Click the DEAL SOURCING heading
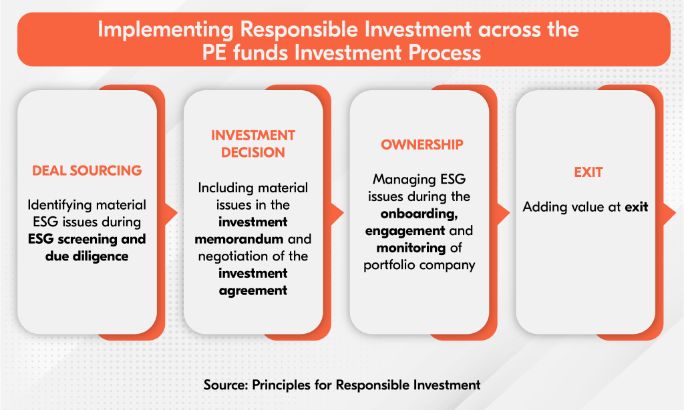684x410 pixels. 87,170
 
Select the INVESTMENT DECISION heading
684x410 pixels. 253,144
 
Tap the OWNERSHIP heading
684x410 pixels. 422,144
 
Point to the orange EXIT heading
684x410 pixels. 588,172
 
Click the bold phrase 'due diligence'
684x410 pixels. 87,256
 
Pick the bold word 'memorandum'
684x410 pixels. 239,239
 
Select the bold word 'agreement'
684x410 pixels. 253,290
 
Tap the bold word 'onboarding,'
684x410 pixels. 419,214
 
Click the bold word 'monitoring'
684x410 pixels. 411,248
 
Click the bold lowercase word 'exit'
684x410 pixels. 637,207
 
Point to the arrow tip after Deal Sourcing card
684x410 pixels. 177,213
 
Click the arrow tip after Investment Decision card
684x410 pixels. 343,213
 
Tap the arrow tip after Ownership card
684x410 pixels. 510,213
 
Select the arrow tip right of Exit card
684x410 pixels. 676,213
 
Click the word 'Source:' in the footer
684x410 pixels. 226,385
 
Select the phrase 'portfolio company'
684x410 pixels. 419,265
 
